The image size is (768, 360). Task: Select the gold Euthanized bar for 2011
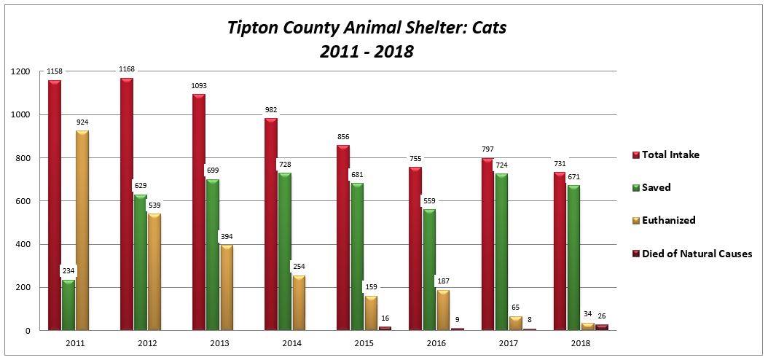82,230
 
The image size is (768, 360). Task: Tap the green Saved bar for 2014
284,251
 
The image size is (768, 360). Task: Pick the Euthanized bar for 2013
227,288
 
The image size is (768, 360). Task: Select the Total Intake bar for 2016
415,248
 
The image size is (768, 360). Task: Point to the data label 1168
128,69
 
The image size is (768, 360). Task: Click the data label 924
82,122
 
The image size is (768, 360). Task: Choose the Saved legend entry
652,187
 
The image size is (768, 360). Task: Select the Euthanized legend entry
664,220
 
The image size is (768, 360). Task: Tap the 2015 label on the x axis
365,343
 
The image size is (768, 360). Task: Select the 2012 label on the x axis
148,343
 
